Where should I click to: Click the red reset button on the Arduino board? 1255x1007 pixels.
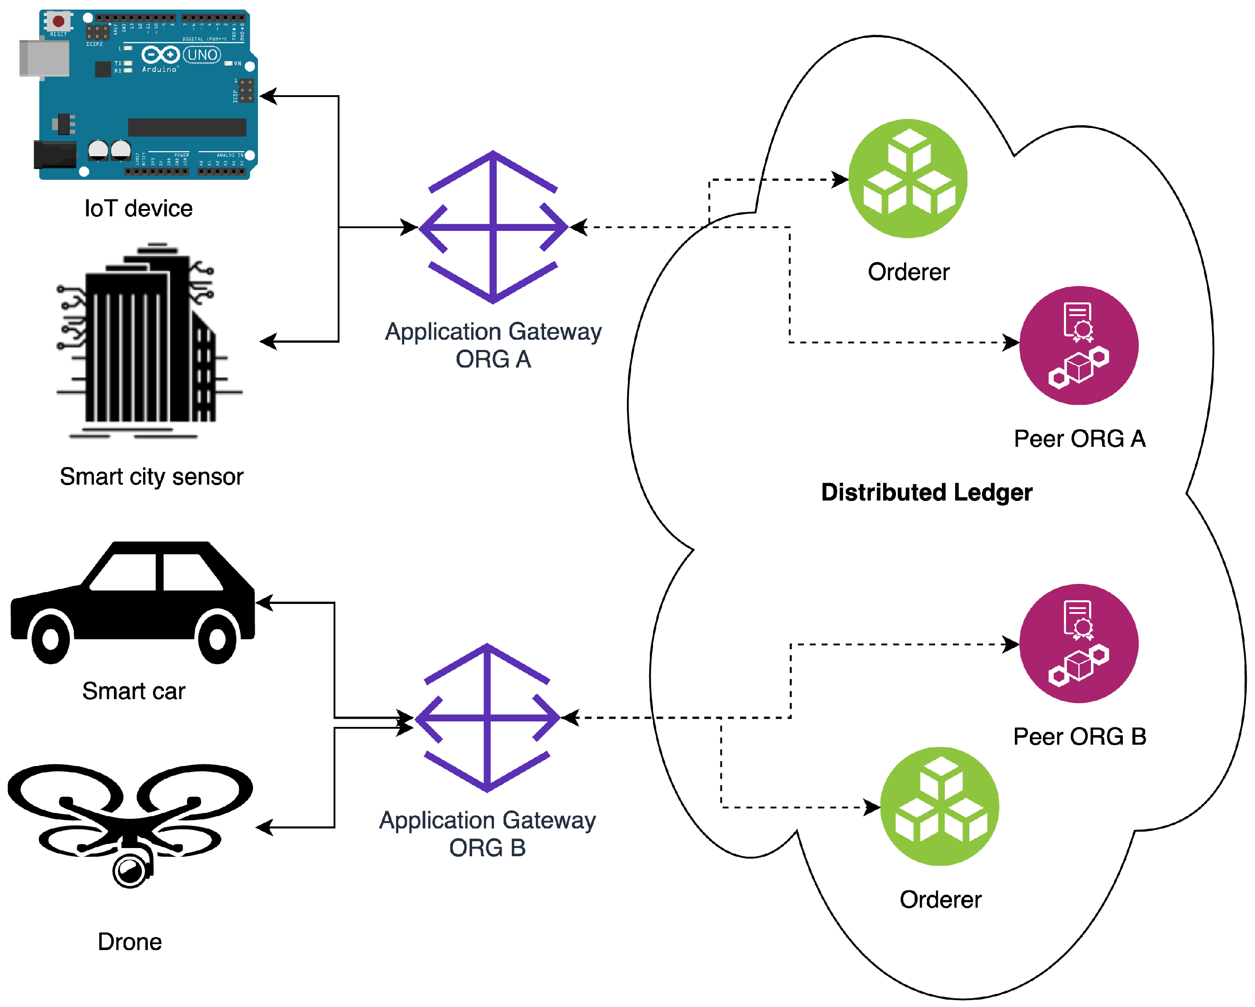[x=58, y=21]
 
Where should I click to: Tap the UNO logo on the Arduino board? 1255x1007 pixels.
[x=202, y=55]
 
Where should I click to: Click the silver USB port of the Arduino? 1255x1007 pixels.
[x=43, y=58]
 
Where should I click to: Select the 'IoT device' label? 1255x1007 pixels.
[x=139, y=208]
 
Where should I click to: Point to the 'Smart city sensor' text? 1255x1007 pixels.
[x=151, y=476]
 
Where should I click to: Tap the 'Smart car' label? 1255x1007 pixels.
[x=134, y=691]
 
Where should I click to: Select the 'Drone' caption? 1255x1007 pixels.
[x=130, y=942]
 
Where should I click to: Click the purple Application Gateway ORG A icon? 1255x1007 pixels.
[x=493, y=227]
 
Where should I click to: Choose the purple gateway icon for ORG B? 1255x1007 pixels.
[x=487, y=718]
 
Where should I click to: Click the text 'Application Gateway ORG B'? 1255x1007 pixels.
[x=487, y=833]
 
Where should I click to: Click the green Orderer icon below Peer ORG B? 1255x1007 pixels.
[x=940, y=806]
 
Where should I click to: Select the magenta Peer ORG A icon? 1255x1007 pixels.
[x=1079, y=346]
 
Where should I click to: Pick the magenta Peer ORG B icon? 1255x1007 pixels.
[x=1079, y=644]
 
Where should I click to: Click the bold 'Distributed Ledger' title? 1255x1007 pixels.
[x=927, y=492]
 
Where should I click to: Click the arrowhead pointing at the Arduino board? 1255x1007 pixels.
[x=268, y=97]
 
